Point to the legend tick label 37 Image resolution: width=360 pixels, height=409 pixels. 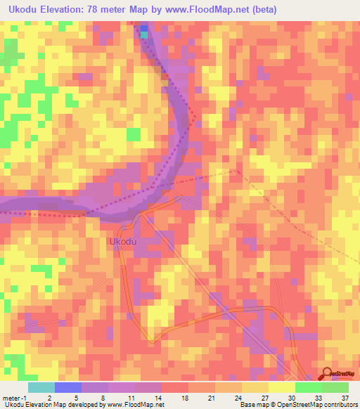click(x=345, y=396)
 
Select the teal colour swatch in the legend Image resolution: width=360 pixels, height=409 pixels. click(x=41, y=387)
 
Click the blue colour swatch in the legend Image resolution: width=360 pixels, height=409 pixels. click(x=68, y=387)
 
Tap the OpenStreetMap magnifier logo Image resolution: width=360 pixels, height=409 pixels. click(x=328, y=374)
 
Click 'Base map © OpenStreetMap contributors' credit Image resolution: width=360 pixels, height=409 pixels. click(x=298, y=405)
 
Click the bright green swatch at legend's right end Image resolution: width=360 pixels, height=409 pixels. click(x=335, y=387)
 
